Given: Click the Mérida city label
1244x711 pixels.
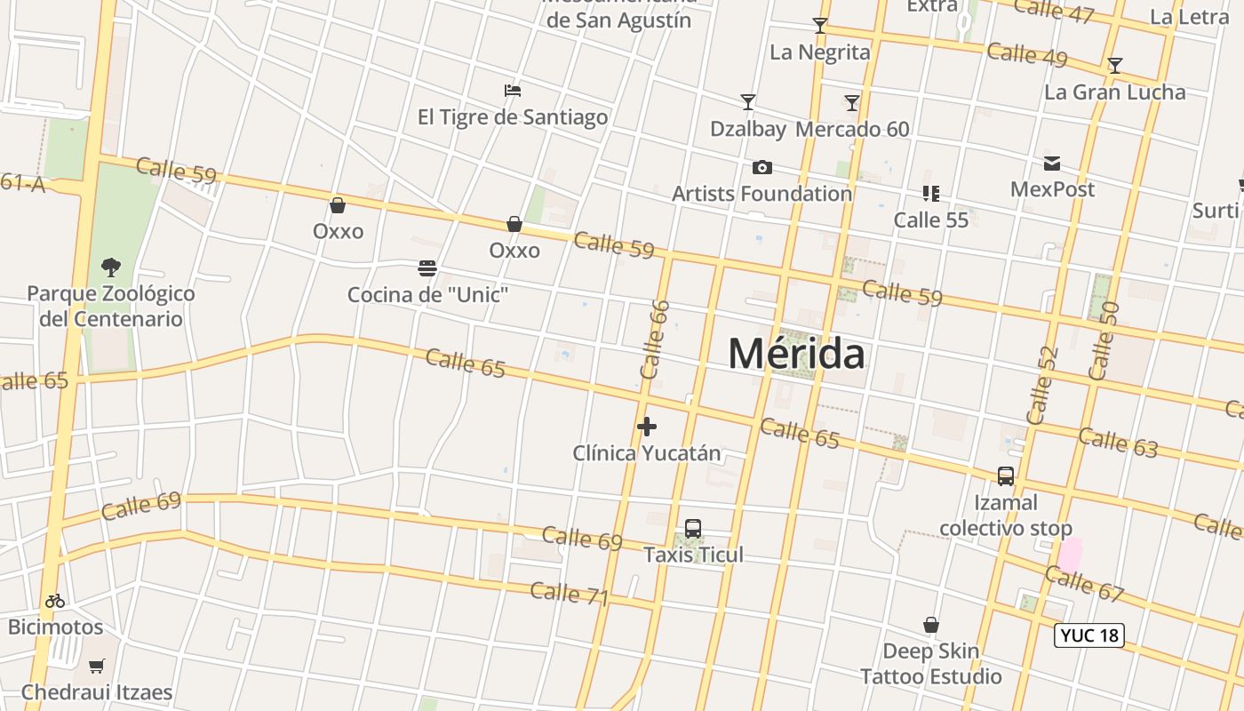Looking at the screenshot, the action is click(x=796, y=354).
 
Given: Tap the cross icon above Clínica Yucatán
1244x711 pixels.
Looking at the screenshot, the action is click(x=647, y=427).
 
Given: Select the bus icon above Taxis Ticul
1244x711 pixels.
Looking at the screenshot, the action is click(x=693, y=529).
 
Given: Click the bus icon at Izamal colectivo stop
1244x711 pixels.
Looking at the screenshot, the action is click(x=1006, y=476).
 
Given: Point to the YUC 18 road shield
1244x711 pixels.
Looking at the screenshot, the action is click(x=1089, y=635).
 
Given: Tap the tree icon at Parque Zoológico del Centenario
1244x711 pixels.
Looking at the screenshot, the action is click(x=111, y=267).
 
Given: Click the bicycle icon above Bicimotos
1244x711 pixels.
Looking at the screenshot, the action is click(x=55, y=601).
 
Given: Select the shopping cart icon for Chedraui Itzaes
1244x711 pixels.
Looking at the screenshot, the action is click(x=97, y=666).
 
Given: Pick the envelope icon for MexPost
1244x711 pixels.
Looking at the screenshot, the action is click(x=1052, y=164).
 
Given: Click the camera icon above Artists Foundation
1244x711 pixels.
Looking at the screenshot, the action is click(x=762, y=167).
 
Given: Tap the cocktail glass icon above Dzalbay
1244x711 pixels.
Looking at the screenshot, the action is click(x=748, y=102).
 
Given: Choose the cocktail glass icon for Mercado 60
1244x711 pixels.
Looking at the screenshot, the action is click(x=851, y=103).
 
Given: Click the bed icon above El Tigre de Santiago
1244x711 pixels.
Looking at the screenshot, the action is click(x=512, y=91).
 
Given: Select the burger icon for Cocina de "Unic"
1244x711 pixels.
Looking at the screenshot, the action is click(x=427, y=268).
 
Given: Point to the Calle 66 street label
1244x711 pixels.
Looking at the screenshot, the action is click(x=654, y=340).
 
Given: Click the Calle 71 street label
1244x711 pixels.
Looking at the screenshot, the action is click(x=570, y=594).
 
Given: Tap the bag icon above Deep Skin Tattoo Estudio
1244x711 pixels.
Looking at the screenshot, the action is click(x=930, y=626).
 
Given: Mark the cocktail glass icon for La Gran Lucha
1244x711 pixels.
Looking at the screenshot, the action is click(x=1114, y=66).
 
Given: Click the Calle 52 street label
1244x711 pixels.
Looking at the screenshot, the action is click(x=1042, y=384).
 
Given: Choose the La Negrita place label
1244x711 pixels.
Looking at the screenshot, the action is click(x=820, y=52).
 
